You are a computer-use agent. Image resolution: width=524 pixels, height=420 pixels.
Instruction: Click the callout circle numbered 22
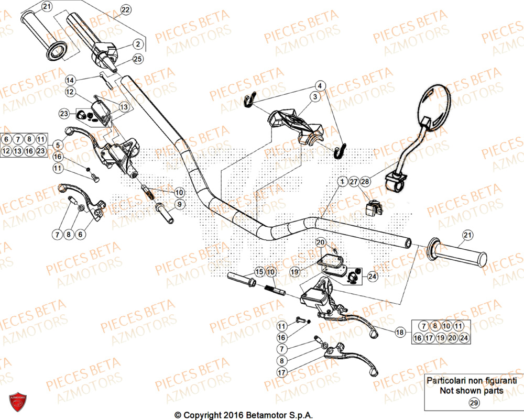pyautogui.click(x=125, y=10)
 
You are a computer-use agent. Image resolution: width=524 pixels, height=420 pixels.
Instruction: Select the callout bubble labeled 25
pyautogui.click(x=137, y=59)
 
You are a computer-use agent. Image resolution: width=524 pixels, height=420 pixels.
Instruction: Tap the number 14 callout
pyautogui.click(x=71, y=80)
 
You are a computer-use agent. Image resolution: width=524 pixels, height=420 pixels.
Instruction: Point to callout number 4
pyautogui.click(x=320, y=85)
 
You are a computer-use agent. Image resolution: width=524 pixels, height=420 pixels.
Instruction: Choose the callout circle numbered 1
pyautogui.click(x=342, y=182)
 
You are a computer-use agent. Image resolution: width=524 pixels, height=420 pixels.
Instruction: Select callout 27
pyautogui.click(x=354, y=182)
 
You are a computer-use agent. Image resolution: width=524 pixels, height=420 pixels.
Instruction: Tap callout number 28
pyautogui.click(x=365, y=182)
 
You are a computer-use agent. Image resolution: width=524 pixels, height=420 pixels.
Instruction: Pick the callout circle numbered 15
pyautogui.click(x=259, y=272)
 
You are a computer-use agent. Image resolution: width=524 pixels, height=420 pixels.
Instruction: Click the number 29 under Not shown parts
pyautogui.click(x=474, y=403)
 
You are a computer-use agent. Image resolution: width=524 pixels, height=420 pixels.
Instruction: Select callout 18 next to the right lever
pyautogui.click(x=400, y=332)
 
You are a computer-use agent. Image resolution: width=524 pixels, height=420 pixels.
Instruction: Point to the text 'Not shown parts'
pyautogui.click(x=472, y=390)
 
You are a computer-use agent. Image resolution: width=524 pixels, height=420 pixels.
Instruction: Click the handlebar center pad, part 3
pyautogui.click(x=296, y=124)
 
